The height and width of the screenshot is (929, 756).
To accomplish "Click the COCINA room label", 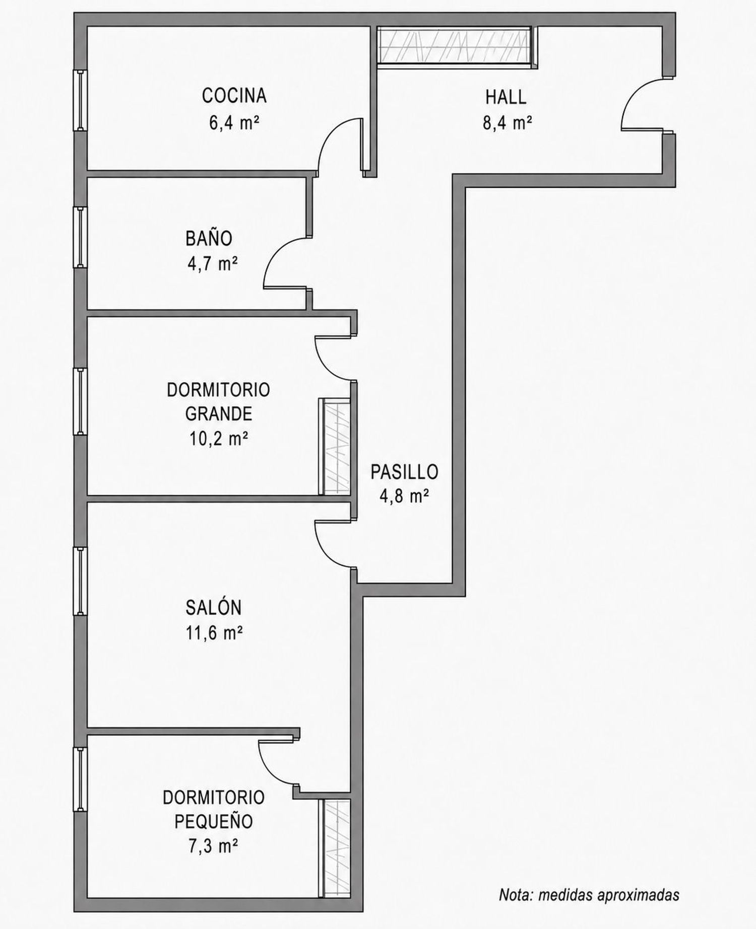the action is (234, 96).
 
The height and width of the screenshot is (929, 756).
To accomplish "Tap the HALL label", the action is (506, 97).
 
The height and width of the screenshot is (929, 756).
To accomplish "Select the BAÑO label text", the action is (209, 238).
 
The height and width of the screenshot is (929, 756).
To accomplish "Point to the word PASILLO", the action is (404, 472).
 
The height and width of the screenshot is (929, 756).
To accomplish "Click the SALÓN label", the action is (214, 607).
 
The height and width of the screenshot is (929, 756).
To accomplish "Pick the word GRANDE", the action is (219, 414).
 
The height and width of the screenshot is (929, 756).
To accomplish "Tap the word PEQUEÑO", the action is (214, 821).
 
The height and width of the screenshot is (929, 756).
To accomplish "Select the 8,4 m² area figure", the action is (508, 123).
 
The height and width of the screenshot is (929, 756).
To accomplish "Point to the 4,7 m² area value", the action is (213, 263).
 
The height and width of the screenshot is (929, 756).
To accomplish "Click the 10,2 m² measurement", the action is (219, 439).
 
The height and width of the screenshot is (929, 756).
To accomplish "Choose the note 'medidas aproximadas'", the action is (609, 894).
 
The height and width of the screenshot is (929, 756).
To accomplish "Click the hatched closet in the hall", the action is (455, 46).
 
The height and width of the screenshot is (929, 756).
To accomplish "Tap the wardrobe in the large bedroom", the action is (335, 447).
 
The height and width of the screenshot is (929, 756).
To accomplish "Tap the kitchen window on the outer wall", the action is (80, 100).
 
